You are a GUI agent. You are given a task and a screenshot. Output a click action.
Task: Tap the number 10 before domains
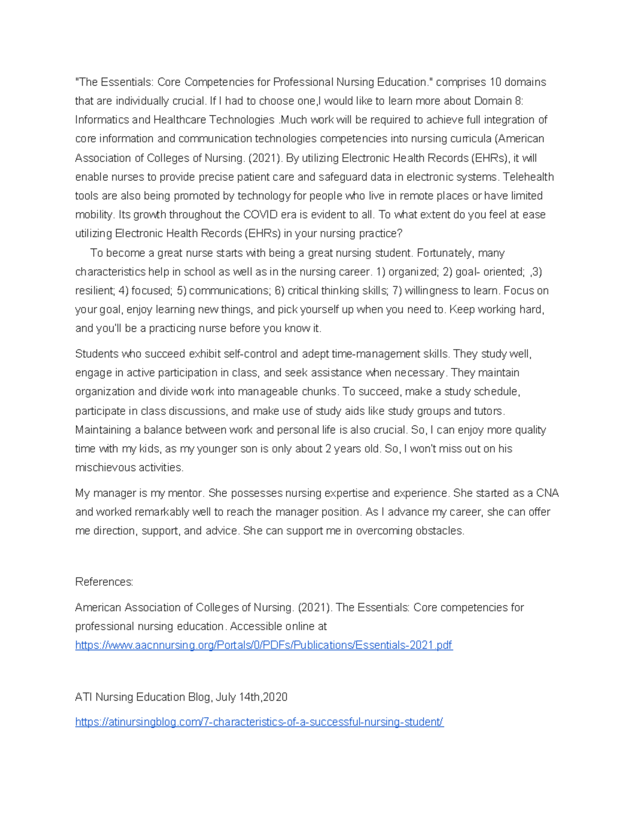(495, 82)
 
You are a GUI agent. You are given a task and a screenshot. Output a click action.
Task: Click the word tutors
(488, 411)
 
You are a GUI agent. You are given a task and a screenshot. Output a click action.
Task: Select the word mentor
(184, 493)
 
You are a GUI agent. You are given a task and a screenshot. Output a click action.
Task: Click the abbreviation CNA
(547, 493)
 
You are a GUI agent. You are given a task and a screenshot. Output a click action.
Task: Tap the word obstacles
(440, 531)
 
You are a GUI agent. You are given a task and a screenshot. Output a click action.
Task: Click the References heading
(104, 582)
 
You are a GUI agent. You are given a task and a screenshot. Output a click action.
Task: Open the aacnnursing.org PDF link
(263, 645)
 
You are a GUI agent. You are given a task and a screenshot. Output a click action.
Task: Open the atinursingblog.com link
(259, 722)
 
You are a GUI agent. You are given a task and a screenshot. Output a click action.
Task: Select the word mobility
(94, 215)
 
